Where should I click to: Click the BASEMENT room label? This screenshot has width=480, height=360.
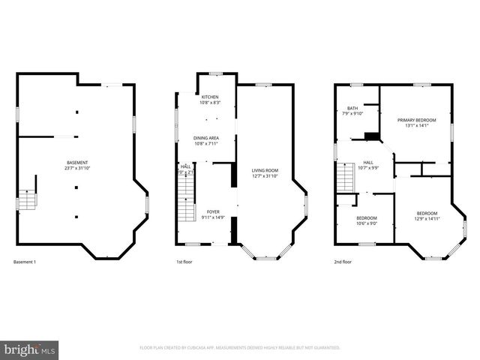(x=77, y=163)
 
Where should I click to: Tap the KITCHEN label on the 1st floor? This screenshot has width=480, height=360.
(x=209, y=97)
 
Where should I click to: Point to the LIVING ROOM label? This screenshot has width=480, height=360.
(x=265, y=170)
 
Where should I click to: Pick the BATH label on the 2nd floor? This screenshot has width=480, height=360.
(x=352, y=109)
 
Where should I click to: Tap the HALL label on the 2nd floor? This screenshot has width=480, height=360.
(x=368, y=162)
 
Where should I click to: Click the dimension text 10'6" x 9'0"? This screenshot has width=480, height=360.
(x=367, y=223)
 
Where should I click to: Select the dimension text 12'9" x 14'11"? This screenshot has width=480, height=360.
(x=427, y=218)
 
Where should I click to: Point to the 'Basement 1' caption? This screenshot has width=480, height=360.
(x=25, y=262)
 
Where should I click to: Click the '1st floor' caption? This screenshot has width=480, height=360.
(x=185, y=262)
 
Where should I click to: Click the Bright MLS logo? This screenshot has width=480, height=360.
(x=30, y=349)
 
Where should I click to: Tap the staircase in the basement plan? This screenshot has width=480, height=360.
(x=28, y=200)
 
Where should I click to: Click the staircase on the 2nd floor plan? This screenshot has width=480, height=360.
(x=344, y=178)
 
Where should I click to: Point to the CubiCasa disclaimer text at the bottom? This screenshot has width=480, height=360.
(x=240, y=348)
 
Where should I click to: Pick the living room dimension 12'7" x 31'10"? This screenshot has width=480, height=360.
(x=265, y=176)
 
